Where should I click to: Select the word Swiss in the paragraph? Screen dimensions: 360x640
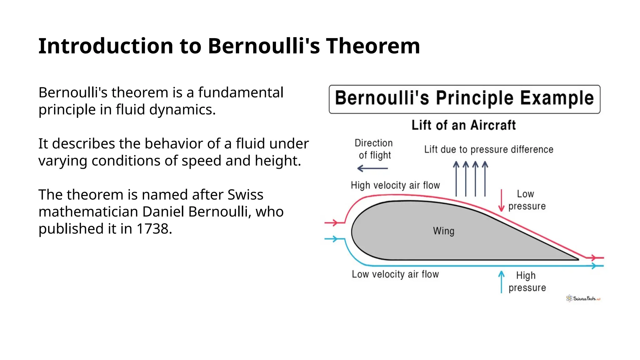pyautogui.click(x=245, y=195)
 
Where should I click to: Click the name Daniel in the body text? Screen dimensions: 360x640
pyautogui.click(x=164, y=212)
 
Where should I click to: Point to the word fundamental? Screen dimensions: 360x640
pyautogui.click(x=241, y=92)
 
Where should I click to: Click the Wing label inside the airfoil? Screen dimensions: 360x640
pyautogui.click(x=443, y=231)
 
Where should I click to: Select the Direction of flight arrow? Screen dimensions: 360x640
pyautogui.click(x=372, y=168)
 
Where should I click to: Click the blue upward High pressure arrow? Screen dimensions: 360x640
pyautogui.click(x=501, y=282)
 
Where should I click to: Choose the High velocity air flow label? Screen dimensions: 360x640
pyautogui.click(x=395, y=185)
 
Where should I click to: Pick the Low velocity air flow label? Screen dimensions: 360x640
pyautogui.click(x=395, y=274)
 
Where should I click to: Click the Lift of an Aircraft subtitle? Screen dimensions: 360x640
pyautogui.click(x=463, y=125)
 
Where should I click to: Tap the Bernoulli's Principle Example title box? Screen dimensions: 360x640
pyautogui.click(x=464, y=99)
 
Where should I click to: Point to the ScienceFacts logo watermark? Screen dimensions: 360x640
pyautogui.click(x=583, y=298)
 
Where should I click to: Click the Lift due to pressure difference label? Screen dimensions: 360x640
pyautogui.click(x=488, y=150)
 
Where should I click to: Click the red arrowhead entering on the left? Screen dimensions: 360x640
pyautogui.click(x=335, y=223)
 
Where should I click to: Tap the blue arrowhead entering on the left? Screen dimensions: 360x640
pyautogui.click(x=335, y=239)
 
